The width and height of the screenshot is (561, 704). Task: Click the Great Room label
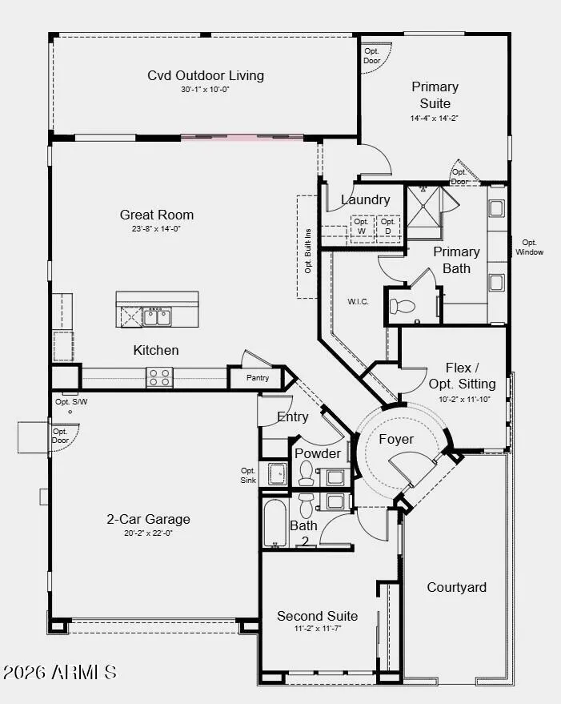157,215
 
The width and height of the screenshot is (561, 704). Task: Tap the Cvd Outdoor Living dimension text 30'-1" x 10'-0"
205,90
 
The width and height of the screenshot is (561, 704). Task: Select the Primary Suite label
435,95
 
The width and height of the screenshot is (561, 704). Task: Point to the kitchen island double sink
157,316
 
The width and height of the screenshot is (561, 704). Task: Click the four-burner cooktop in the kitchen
159,377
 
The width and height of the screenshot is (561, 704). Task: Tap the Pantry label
258,377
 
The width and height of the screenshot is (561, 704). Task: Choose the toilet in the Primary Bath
402,307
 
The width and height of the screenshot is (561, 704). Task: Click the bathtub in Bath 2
274,524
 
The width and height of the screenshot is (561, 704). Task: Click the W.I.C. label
359,302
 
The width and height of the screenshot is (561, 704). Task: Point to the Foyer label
396,439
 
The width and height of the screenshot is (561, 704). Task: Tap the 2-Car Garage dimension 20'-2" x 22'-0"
148,533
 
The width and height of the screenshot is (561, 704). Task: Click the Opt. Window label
529,247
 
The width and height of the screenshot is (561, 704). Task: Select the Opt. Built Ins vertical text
308,251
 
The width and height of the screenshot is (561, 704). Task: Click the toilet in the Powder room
307,473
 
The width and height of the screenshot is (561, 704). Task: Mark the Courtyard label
456,587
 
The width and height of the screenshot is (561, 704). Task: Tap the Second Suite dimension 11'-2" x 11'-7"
317,629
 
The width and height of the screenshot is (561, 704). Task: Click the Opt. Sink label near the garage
248,476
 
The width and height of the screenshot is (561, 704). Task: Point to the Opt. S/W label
71,402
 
